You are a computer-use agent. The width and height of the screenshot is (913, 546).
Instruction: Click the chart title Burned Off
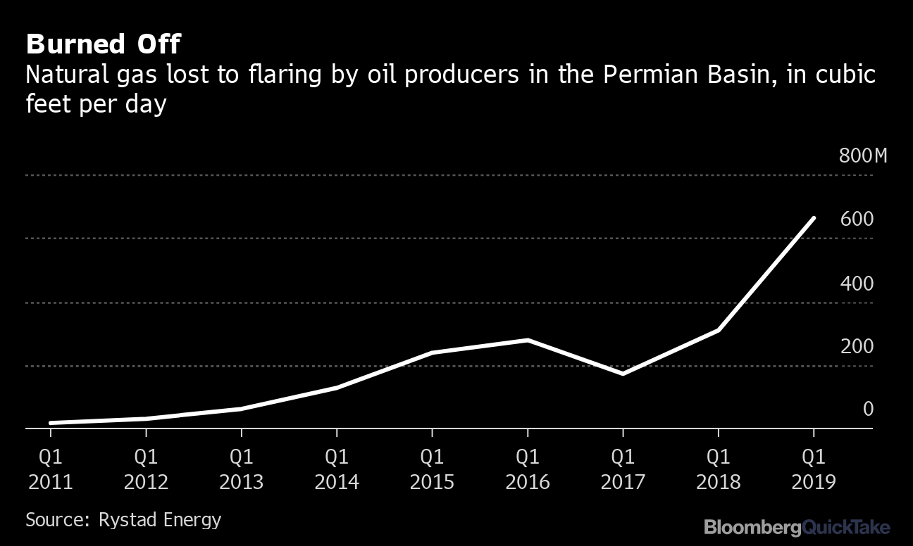click(x=103, y=45)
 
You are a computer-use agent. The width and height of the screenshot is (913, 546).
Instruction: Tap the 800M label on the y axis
click(x=863, y=155)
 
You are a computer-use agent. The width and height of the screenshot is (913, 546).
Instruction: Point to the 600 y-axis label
click(x=857, y=220)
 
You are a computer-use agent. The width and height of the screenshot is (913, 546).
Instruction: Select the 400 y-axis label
click(x=857, y=284)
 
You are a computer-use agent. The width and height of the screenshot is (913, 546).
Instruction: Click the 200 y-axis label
click(x=857, y=346)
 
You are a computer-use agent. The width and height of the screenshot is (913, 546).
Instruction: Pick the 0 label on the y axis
click(x=868, y=409)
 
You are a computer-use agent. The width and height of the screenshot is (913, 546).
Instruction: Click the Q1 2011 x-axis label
click(x=50, y=469)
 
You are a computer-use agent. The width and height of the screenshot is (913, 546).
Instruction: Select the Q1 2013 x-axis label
click(x=241, y=469)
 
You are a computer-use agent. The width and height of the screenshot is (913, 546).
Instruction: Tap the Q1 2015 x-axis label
click(x=432, y=469)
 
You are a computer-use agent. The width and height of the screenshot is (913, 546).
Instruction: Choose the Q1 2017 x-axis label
click(x=623, y=469)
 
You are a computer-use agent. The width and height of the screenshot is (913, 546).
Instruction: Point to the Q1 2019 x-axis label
click(x=814, y=469)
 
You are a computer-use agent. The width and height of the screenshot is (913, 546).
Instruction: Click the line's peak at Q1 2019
click(x=814, y=219)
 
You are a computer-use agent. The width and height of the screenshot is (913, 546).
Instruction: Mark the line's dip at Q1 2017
click(x=623, y=373)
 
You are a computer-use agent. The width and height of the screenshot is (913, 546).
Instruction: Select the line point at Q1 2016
click(x=528, y=340)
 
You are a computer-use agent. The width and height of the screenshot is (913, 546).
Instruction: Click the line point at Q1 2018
click(x=718, y=329)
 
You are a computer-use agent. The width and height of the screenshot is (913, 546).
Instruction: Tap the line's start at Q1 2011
click(x=51, y=423)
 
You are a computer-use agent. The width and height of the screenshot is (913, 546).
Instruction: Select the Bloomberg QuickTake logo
click(x=797, y=526)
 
